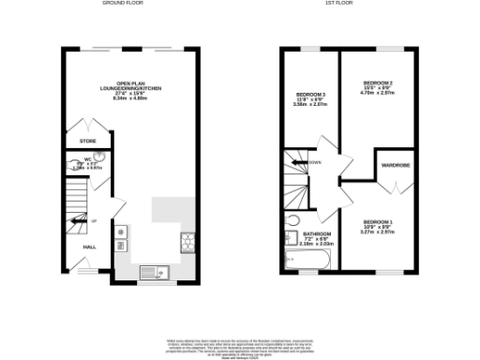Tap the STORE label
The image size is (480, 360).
coord(87,141)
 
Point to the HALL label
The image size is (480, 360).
coord(90,247)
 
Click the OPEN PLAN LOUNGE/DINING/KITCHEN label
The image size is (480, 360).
coord(131,86)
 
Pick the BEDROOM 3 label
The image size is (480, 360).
coord(310,95)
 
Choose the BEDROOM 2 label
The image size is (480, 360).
coord(377,84)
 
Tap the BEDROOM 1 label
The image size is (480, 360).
coord(378,221)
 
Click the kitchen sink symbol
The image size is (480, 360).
coord(150,273)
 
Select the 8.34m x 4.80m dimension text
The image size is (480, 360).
coord(131,98)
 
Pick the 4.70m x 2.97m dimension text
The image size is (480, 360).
coord(377,96)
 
